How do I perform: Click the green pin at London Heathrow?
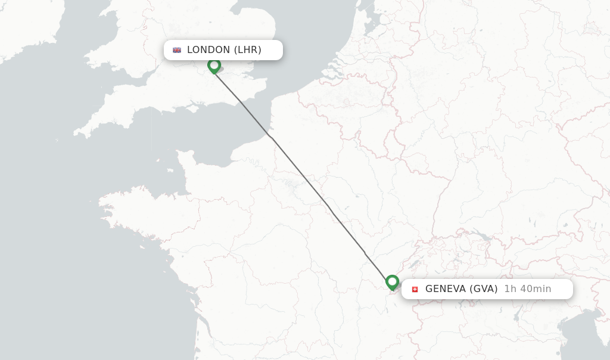point(214,65)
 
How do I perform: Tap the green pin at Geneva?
point(392,281)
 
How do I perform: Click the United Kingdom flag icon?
point(177,50)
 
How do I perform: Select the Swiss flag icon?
point(415,289)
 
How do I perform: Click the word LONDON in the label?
point(208,50)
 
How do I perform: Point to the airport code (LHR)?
point(247,50)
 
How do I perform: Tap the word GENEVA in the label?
point(446,289)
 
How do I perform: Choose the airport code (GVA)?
point(484,289)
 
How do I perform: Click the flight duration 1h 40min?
point(528,289)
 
